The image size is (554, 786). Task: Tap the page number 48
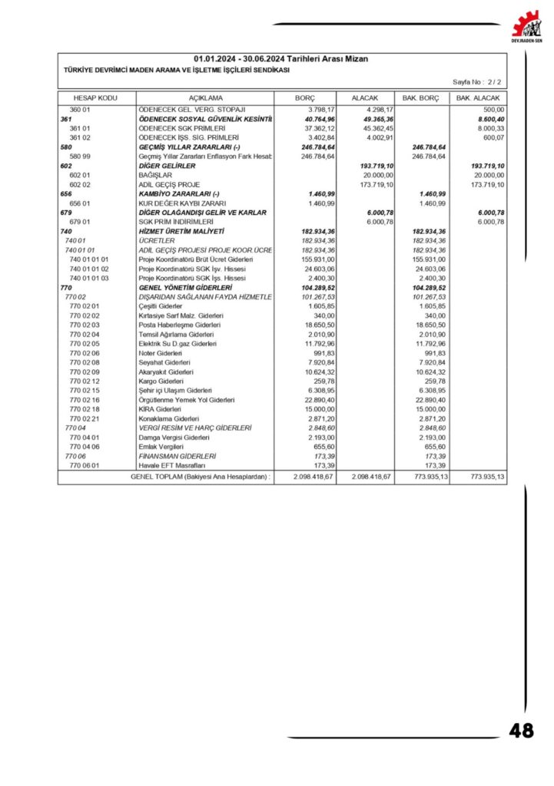[x=521, y=731]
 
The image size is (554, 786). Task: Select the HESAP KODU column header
[x=95, y=99]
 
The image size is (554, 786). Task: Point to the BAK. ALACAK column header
[x=478, y=99]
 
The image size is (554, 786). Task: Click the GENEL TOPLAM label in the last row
[x=201, y=477]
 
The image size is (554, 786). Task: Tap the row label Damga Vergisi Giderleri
[x=174, y=437]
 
